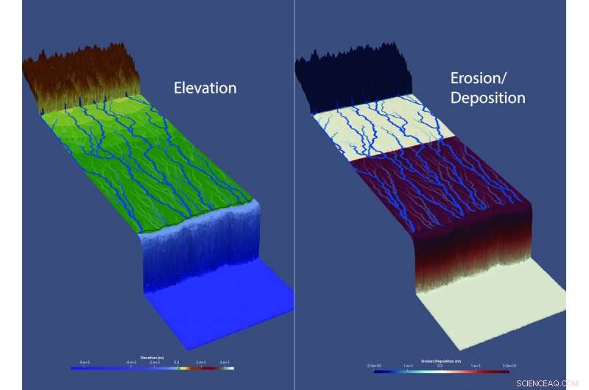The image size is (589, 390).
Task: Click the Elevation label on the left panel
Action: pos(205,88)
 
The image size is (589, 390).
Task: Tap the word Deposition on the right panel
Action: pos(487,98)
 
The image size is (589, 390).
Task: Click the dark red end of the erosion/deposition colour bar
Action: pos(507,371)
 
